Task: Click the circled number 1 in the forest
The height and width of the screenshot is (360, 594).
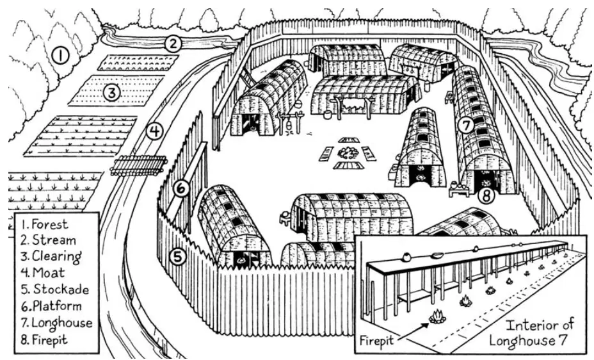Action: tap(60, 56)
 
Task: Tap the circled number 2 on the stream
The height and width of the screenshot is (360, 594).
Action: tap(173, 44)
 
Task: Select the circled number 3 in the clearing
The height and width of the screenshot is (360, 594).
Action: tap(112, 92)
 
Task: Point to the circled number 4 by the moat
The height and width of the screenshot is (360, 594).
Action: tap(154, 131)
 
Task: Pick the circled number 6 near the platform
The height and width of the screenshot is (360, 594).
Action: tap(181, 188)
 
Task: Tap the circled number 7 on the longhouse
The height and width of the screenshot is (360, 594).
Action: tap(467, 126)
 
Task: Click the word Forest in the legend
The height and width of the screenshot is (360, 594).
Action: tap(50, 224)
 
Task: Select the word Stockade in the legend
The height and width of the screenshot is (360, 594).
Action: tap(61, 290)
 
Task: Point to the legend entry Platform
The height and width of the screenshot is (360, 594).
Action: tap(57, 306)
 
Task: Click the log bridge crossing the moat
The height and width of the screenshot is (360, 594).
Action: tap(139, 165)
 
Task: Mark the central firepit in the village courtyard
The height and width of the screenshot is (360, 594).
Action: tap(348, 152)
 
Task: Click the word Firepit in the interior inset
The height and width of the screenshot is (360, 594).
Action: tap(376, 340)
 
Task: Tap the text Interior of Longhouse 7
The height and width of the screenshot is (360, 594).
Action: tap(531, 332)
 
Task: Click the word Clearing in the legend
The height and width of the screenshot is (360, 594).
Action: tap(56, 256)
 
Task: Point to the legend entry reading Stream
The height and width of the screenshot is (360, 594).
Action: tap(54, 240)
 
